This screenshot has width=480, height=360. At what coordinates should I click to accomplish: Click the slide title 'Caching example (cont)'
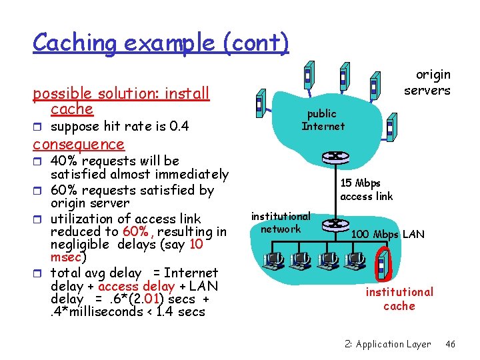click(x=161, y=43)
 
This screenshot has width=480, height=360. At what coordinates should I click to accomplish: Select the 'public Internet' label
click(x=323, y=120)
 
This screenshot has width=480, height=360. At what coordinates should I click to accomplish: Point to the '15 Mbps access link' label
click(x=366, y=189)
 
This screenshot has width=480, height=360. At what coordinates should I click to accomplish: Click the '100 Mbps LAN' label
click(x=387, y=234)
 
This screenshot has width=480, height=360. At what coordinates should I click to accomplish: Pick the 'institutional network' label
click(x=281, y=223)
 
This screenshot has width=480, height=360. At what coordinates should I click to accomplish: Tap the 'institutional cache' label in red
click(x=399, y=299)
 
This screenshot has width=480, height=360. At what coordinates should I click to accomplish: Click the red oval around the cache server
click(x=382, y=263)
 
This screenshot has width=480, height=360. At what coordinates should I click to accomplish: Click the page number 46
click(x=451, y=344)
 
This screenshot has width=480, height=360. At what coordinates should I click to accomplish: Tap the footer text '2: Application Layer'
click(x=388, y=344)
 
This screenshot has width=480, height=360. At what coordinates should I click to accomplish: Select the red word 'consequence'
click(x=79, y=144)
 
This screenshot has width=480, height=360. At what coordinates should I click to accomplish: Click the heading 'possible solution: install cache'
click(x=121, y=100)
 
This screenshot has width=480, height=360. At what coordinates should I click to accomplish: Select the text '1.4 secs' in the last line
click(x=181, y=312)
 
